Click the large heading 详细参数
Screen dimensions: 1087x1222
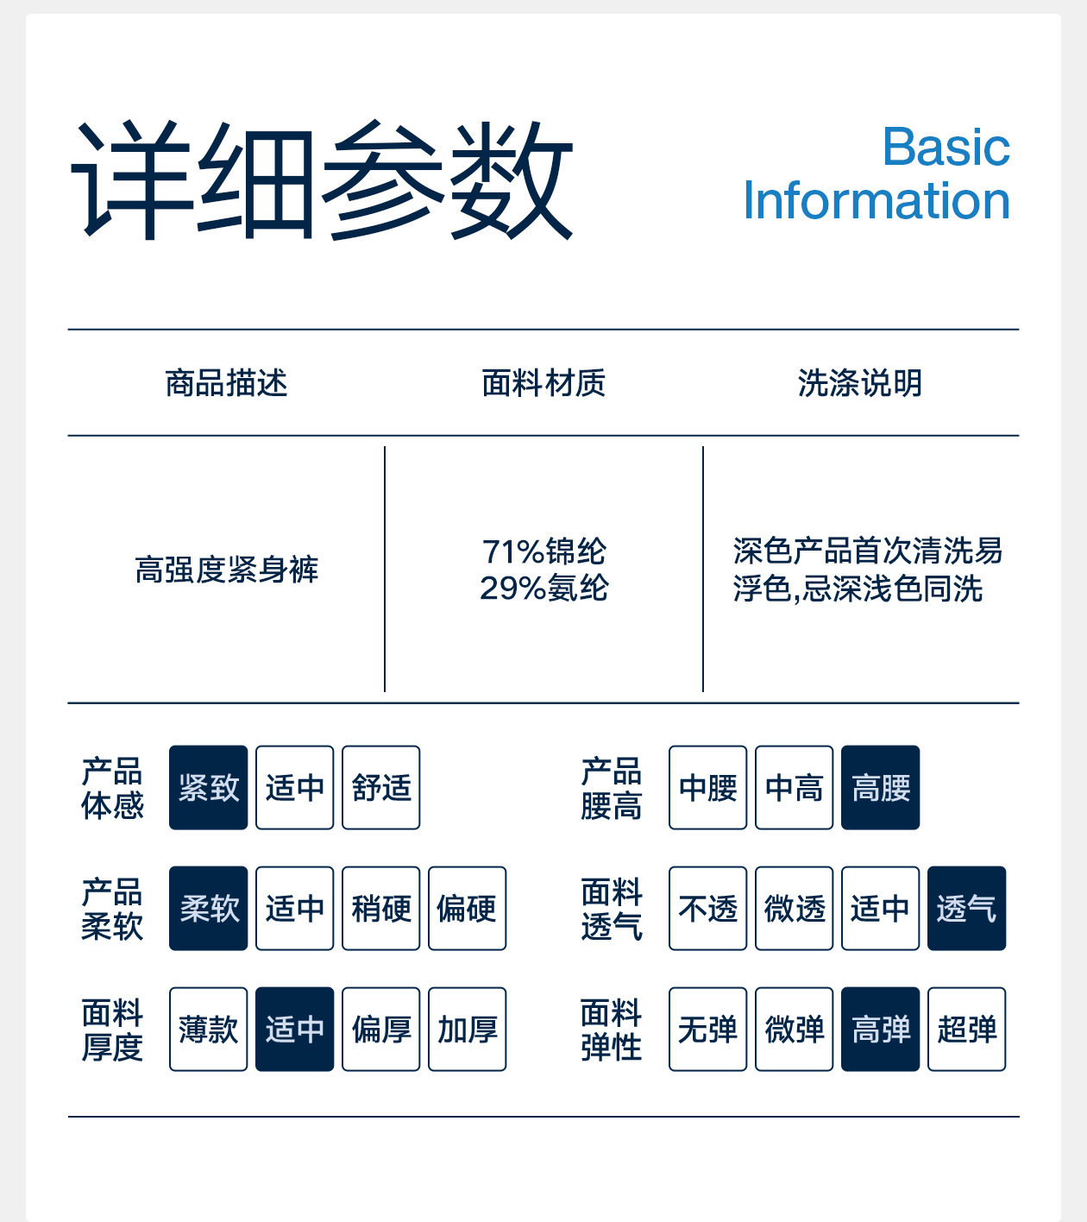322,180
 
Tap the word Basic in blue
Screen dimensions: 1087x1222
946,147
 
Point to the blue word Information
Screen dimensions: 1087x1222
877,199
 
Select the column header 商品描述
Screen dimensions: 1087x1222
226,383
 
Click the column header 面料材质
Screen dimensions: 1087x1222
543,383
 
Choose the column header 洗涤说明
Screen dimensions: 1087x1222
860,383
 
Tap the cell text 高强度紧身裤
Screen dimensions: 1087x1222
226,570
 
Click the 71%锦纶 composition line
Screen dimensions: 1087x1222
543,551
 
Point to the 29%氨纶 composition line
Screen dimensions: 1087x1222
543,588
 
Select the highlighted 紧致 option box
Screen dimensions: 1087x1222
208,787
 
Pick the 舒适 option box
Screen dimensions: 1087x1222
381,787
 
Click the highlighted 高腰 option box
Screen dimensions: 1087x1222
880,787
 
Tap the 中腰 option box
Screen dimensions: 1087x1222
707,787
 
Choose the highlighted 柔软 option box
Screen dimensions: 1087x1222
208,909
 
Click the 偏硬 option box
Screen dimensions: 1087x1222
468,909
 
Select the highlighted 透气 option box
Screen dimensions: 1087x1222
966,909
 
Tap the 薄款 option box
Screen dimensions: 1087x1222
208,1029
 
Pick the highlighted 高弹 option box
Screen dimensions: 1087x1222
880,1029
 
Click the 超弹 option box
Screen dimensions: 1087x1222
966,1029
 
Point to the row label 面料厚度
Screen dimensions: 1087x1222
112,1030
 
